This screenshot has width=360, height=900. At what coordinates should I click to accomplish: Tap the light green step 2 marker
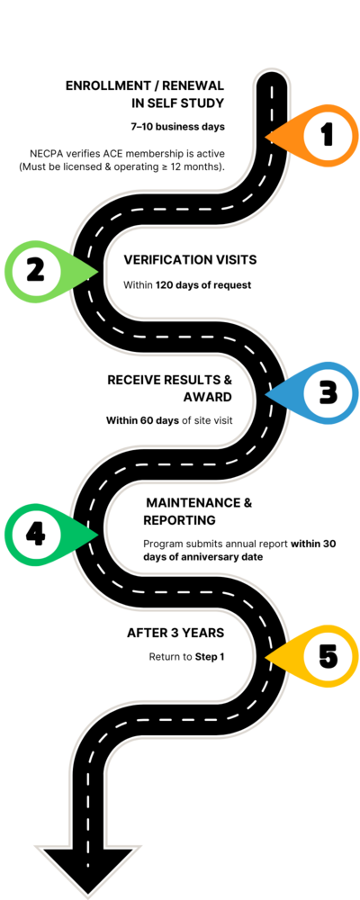(x=40, y=271)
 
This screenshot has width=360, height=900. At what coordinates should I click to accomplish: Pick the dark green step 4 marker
(x=40, y=535)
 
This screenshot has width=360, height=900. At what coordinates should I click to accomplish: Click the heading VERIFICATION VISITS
(x=190, y=260)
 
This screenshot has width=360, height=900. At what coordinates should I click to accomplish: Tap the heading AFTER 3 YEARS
(x=175, y=633)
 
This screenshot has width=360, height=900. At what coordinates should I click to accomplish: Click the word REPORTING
(x=180, y=520)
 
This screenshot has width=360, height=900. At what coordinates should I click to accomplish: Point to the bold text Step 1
(x=210, y=657)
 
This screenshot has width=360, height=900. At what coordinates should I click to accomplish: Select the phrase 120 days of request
(x=203, y=285)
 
